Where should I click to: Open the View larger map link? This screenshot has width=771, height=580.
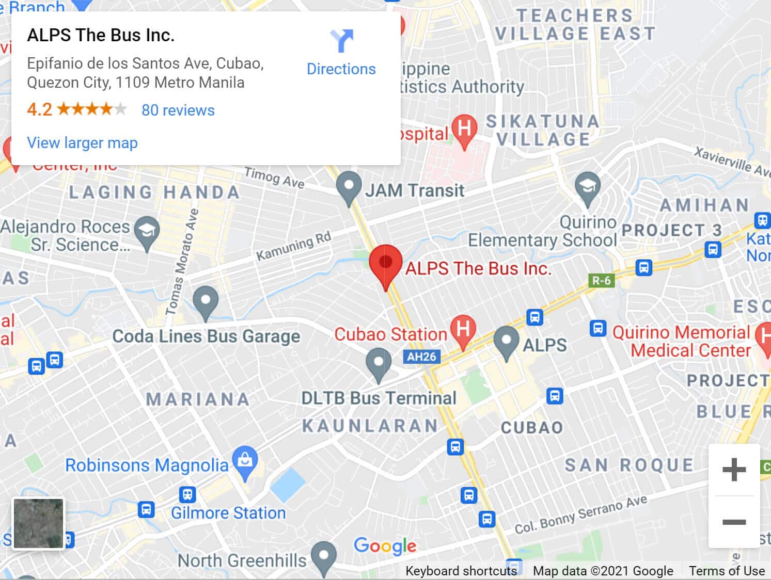82,143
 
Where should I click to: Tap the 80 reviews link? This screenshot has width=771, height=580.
178,110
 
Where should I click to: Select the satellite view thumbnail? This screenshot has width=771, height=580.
38,523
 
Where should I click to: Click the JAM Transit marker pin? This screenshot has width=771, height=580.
349,187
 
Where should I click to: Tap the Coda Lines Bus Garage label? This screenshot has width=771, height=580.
206,336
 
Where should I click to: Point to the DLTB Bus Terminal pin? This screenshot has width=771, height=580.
379,363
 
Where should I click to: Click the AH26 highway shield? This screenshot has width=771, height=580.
421,357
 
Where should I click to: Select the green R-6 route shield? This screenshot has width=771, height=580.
601,281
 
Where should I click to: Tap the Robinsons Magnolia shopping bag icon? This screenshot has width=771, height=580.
245,461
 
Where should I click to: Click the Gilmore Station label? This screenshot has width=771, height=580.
228,513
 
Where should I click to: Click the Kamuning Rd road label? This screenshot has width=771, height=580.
293,246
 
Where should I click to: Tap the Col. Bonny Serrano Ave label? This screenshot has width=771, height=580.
581,515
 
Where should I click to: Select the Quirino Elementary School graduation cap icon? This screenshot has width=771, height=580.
587,187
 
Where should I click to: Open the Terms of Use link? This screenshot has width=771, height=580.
726,571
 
